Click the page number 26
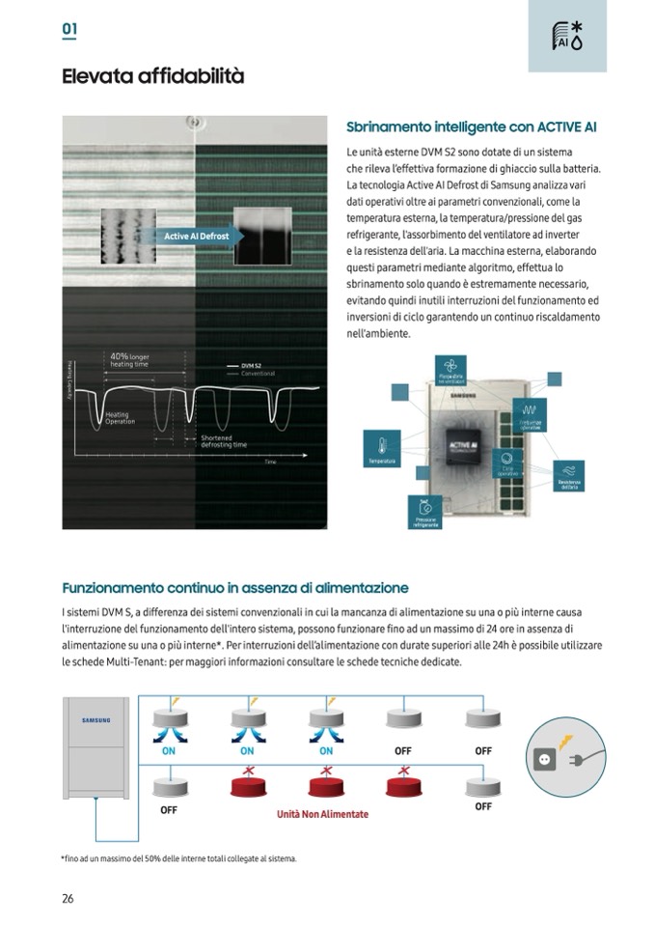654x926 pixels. (x=68, y=898)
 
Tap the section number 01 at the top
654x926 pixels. (x=69, y=29)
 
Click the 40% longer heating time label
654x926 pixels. (x=130, y=360)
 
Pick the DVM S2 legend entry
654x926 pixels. (x=252, y=366)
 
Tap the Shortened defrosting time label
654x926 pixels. (x=224, y=441)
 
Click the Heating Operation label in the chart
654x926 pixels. (x=120, y=418)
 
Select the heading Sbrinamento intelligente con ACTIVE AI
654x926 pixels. (x=471, y=127)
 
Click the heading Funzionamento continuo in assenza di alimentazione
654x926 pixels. (x=235, y=587)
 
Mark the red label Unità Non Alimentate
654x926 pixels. (x=322, y=814)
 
